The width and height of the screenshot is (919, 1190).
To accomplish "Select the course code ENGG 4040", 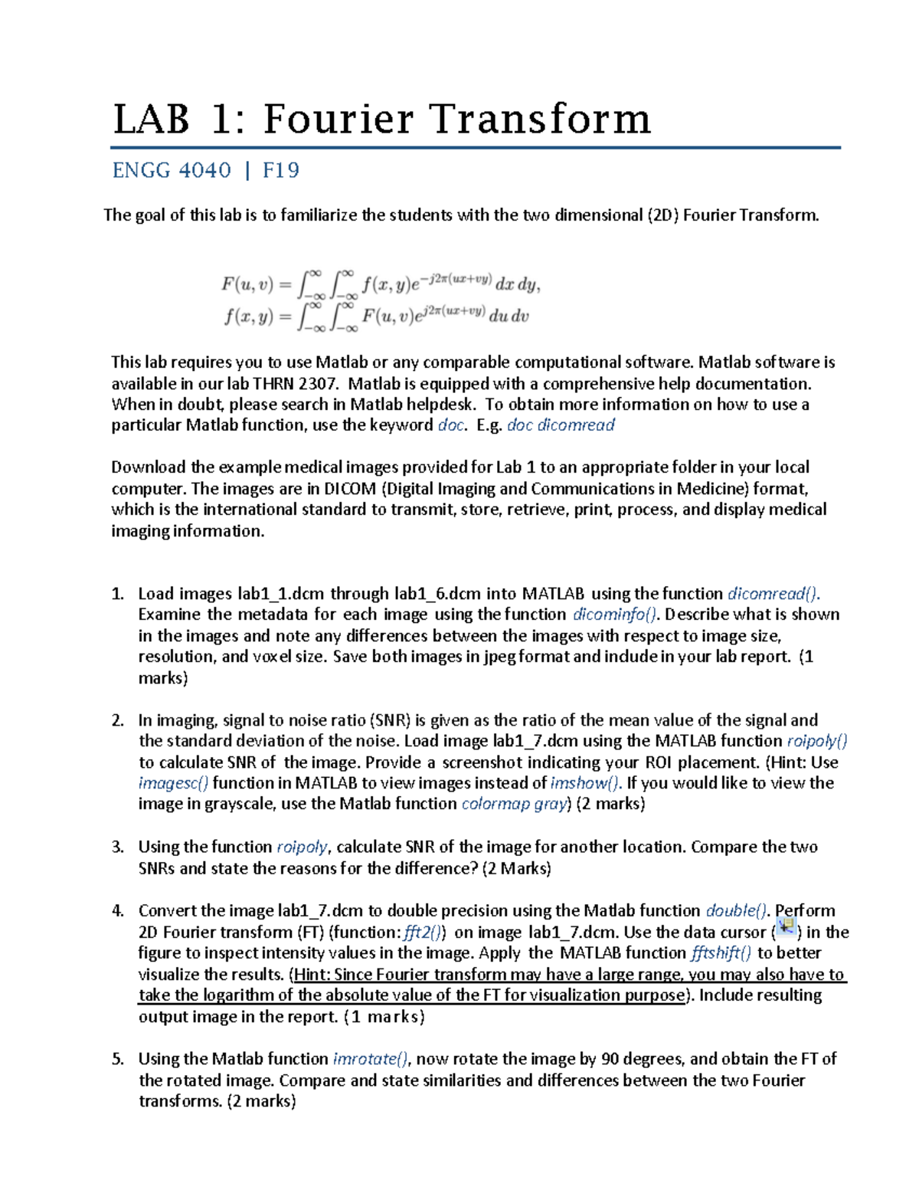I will click(x=172, y=170).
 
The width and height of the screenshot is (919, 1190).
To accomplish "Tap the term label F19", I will click(x=281, y=170).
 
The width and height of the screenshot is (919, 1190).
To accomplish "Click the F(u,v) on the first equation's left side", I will click(x=247, y=284).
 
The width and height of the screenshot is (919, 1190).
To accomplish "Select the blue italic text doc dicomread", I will click(x=561, y=425).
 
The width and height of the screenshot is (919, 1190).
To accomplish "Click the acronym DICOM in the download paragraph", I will click(x=349, y=489).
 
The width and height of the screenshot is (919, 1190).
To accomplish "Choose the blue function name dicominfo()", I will click(x=615, y=615).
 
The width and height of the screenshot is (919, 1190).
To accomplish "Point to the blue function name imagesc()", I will click(x=173, y=783).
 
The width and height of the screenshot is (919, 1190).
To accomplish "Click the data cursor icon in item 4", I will click(x=787, y=929).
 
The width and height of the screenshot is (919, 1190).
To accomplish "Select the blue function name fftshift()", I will click(x=721, y=953).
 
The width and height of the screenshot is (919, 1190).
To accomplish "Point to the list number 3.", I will click(x=117, y=847).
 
